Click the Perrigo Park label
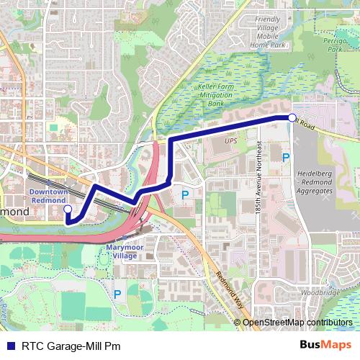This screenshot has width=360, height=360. [x=331, y=45]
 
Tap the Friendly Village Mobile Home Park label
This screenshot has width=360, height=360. [x=267, y=32]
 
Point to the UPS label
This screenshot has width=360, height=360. [x=230, y=141]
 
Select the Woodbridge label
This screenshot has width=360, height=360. [x=320, y=293]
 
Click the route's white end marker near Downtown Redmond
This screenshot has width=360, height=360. [x=68, y=210]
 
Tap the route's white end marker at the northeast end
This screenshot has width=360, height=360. [x=292, y=117]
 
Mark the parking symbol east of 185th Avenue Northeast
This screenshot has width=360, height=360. [x=286, y=157]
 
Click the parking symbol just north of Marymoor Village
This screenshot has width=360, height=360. [x=185, y=194]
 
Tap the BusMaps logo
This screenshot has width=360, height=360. [x=325, y=345]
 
